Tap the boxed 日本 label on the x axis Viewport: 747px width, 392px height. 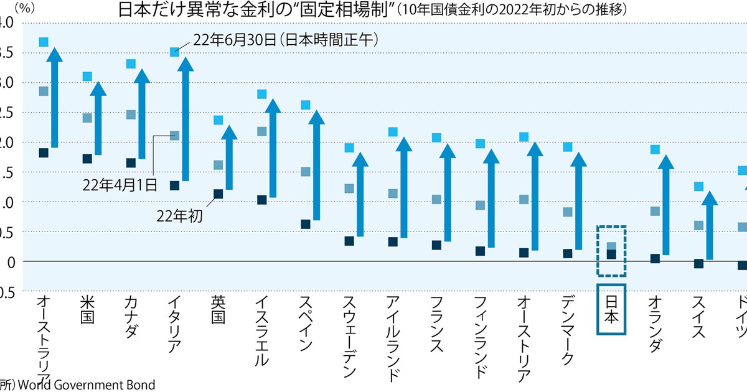tap(611, 310)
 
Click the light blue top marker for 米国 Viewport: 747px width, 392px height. tap(87, 77)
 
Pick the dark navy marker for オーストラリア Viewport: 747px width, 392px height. tap(44, 153)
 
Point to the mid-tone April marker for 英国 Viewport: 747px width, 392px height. tap(218, 165)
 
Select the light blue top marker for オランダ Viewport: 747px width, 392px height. tap(655, 149)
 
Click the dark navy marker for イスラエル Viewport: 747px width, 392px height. tap(262, 200)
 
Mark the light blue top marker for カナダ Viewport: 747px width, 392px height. tap(131, 64)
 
